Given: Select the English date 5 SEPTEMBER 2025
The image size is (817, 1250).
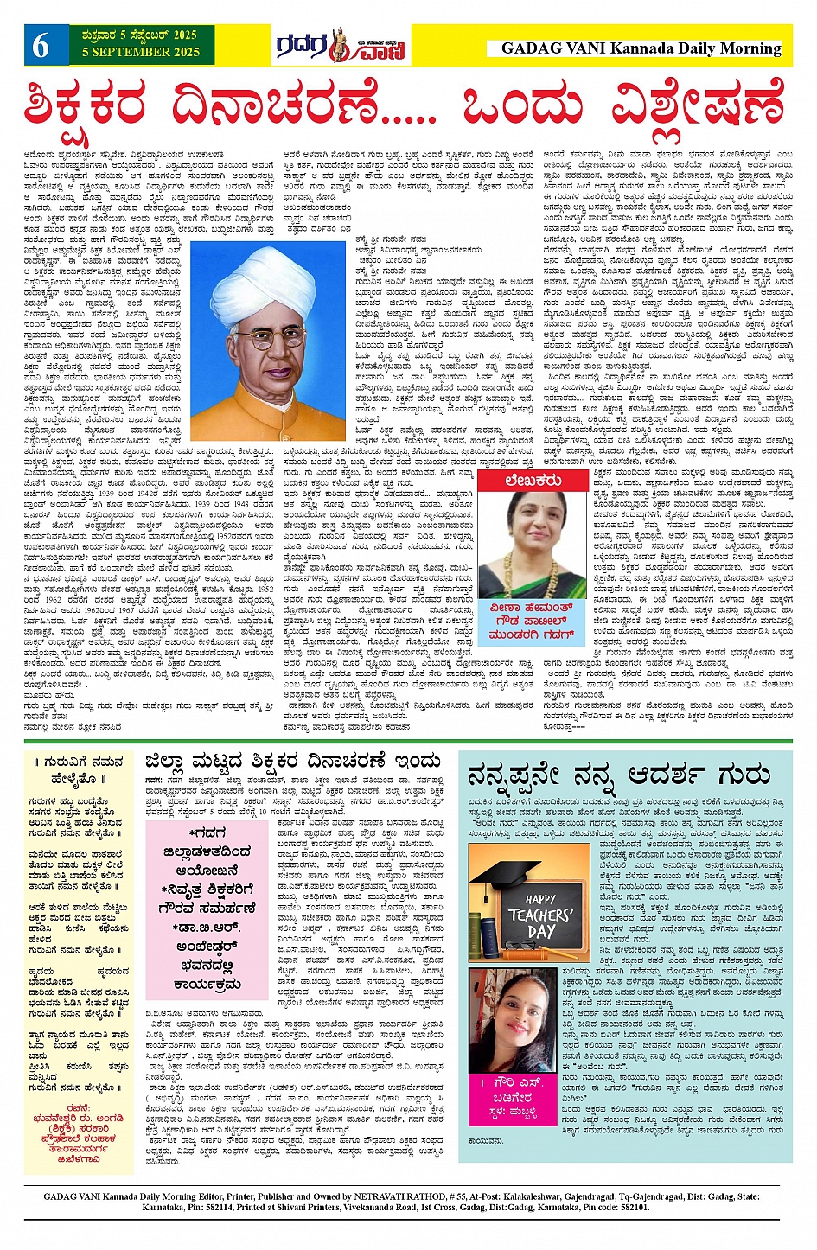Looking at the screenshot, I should pyautogui.click(x=141, y=53).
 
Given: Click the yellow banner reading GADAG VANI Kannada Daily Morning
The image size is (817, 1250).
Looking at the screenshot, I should pyautogui.click(x=641, y=49).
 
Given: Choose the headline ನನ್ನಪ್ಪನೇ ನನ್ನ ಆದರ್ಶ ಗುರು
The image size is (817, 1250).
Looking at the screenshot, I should pyautogui.click(x=620, y=774).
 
